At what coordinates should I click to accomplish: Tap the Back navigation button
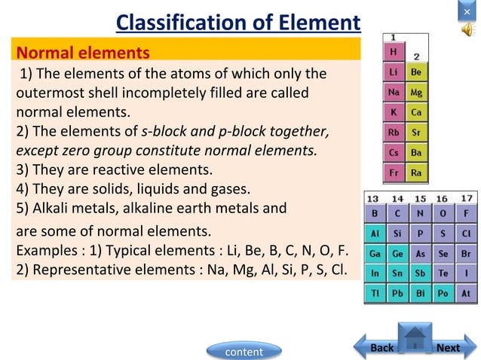(381, 347)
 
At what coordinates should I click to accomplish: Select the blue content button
(244, 352)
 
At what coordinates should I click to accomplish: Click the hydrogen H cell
(394, 52)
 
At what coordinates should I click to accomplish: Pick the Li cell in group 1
(394, 72)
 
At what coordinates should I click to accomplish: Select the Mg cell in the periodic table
(416, 93)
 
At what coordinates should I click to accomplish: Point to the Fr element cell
(394, 172)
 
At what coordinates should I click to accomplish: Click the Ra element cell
(416, 172)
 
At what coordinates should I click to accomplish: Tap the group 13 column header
(374, 199)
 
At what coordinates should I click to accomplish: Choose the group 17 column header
(467, 199)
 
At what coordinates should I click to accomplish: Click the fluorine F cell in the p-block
(467, 213)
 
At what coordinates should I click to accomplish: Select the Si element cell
(397, 233)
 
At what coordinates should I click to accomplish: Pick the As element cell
(420, 253)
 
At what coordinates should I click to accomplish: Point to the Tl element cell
(374, 293)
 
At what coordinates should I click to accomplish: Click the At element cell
(467, 293)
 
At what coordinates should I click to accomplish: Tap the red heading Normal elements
(83, 53)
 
